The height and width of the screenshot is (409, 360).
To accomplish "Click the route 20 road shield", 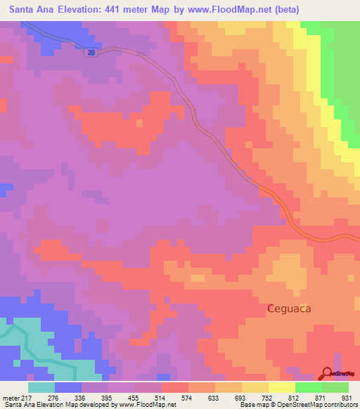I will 91,53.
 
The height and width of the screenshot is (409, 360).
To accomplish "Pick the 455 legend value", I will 133,397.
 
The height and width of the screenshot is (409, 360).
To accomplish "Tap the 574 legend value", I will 187,397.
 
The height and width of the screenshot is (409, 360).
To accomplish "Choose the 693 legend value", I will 240,397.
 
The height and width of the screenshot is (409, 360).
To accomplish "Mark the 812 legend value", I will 295,397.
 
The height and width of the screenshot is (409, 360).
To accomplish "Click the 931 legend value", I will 347,397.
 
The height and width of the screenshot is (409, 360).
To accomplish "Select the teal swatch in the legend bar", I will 41,387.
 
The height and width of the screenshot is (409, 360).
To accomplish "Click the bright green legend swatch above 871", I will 308,387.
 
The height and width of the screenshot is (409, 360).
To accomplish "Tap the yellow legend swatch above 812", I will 281,387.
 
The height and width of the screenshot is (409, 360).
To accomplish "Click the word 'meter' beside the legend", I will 13,397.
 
